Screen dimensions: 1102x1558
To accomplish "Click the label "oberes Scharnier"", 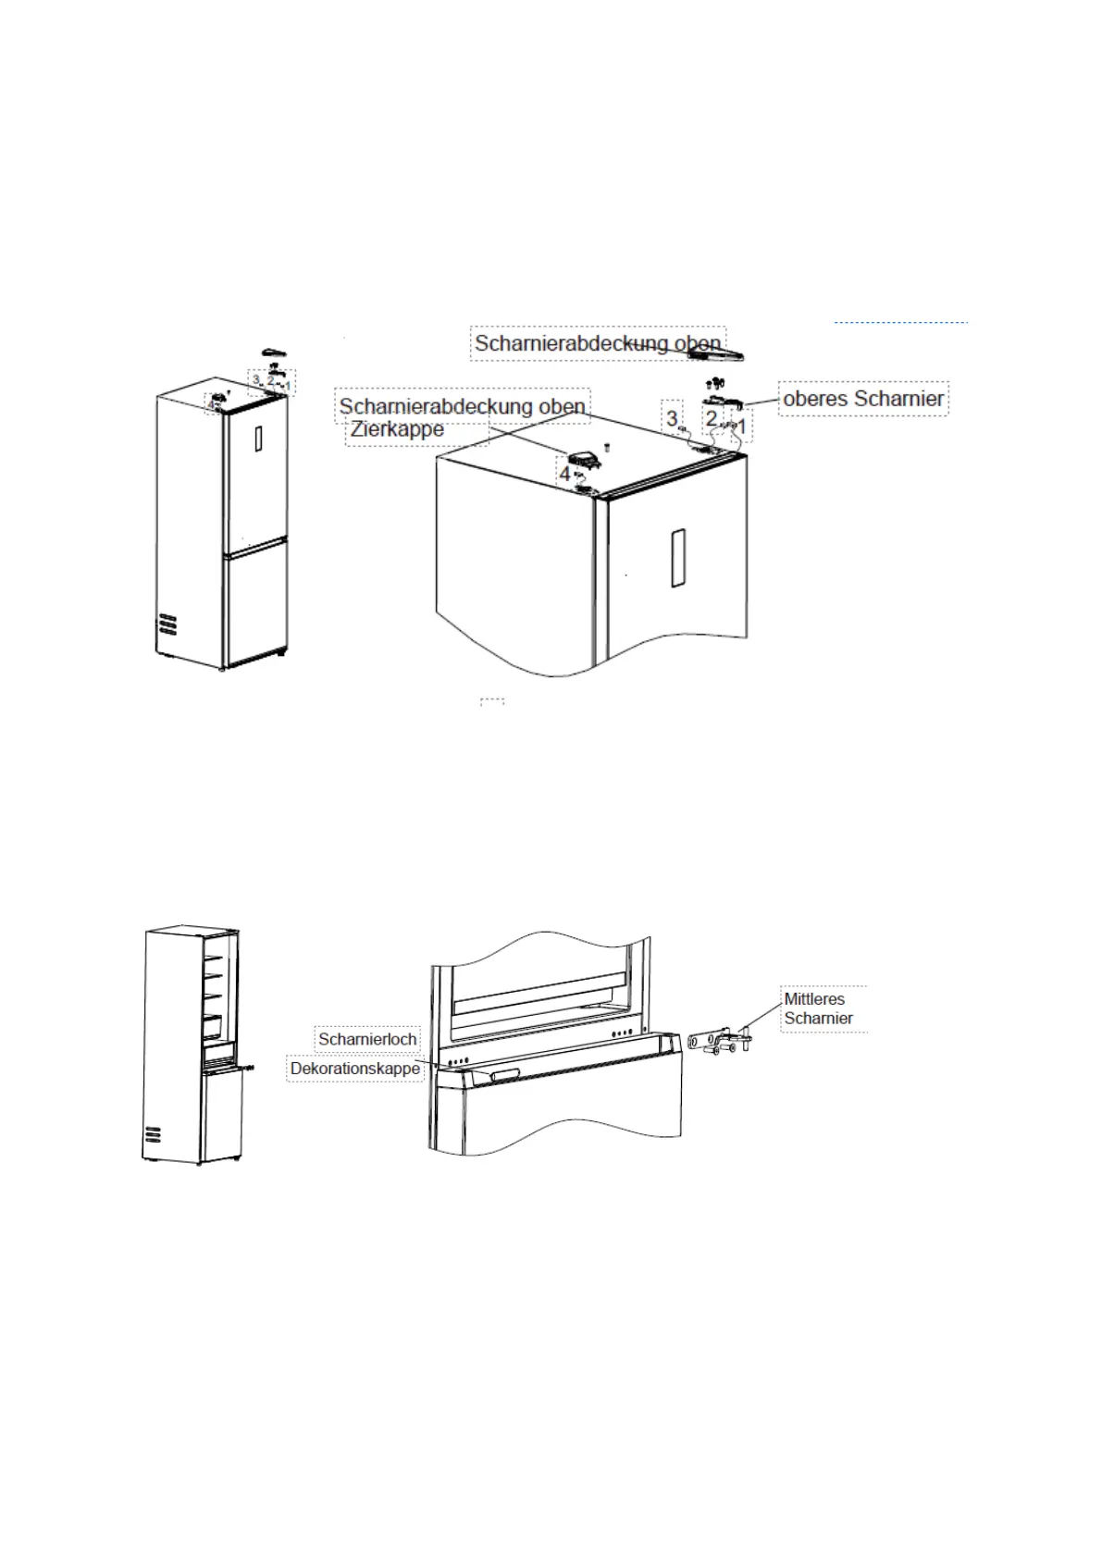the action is tap(862, 399).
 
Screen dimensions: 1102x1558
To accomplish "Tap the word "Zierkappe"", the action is tap(397, 429).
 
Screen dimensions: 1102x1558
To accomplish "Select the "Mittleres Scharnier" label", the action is tap(818, 1008).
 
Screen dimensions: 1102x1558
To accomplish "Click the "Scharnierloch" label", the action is tap(367, 1039).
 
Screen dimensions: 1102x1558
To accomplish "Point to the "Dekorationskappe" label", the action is tap(355, 1069).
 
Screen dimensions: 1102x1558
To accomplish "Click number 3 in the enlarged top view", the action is tap(673, 419).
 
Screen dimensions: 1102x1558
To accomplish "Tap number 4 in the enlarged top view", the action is tap(564, 474).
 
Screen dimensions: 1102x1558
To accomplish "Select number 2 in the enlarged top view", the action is tap(712, 419).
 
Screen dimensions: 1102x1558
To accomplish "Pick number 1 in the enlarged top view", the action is tap(741, 427).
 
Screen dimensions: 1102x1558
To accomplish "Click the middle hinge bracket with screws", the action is tap(721, 1045).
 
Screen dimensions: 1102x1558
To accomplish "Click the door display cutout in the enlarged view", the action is tap(677, 559).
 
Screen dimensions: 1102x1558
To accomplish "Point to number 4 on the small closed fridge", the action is tap(210, 405).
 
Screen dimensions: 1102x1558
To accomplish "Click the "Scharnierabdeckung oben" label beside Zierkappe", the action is tap(462, 406).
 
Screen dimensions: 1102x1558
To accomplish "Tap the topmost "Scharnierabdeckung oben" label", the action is tap(597, 343).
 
